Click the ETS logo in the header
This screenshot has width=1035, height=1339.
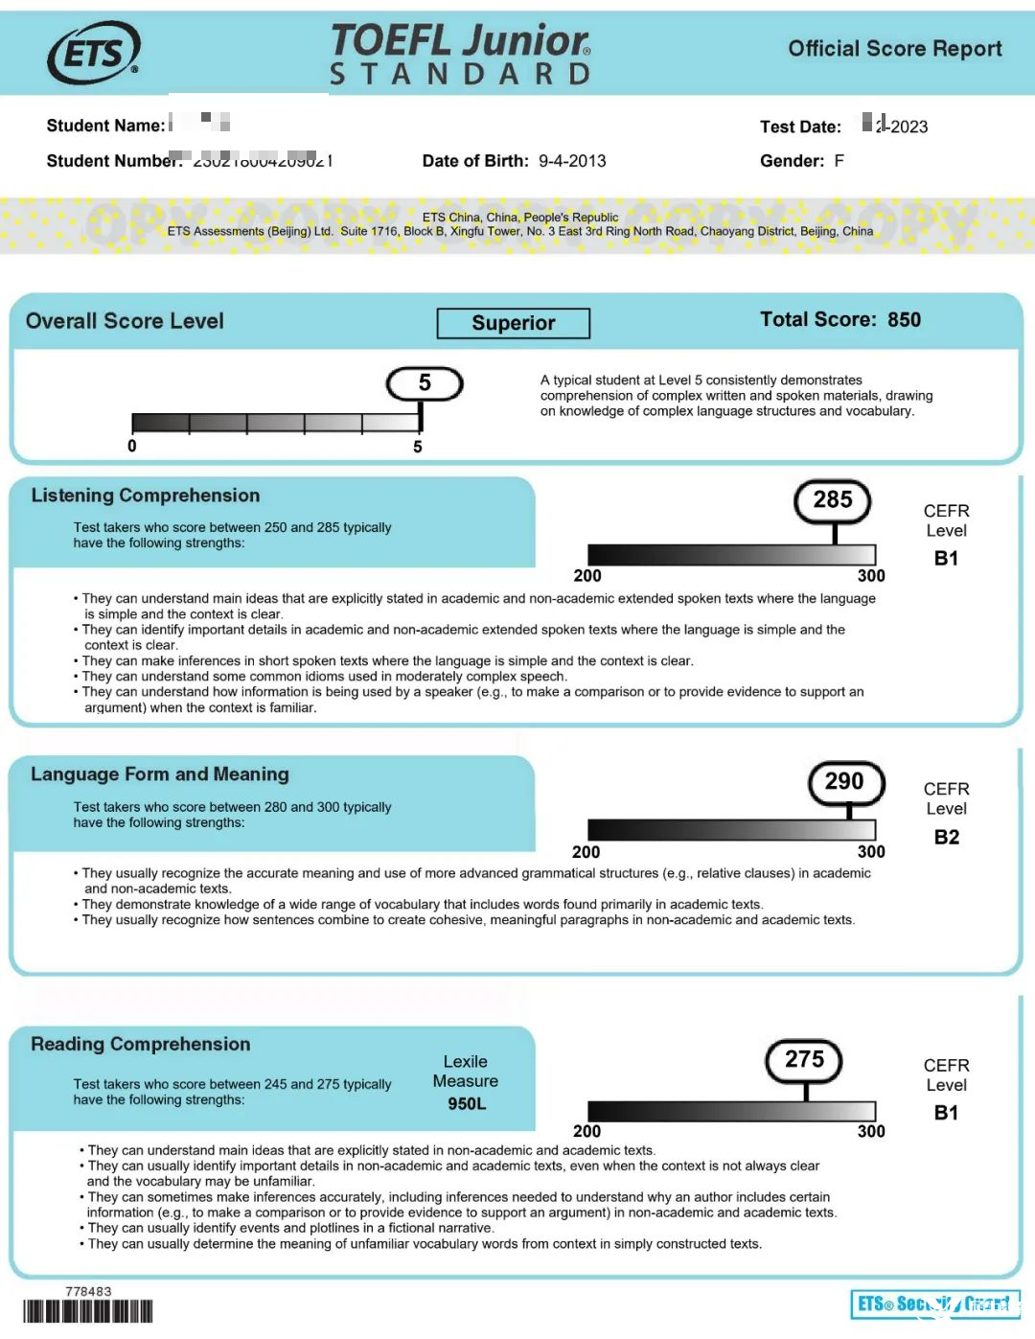point(94,53)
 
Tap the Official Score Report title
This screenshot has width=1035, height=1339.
point(894,49)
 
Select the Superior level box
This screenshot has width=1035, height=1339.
point(513,323)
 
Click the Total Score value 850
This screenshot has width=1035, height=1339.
point(904,320)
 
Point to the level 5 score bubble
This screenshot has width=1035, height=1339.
point(425,383)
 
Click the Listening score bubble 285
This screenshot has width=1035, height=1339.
point(833,500)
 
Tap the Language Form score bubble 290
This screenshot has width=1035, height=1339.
point(844,782)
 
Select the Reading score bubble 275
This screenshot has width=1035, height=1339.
point(804,1059)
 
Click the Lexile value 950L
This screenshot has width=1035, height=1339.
point(467,1104)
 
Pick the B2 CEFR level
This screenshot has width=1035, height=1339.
point(946,838)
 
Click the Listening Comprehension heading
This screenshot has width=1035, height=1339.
point(146,496)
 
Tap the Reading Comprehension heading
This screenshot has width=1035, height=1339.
point(141,1045)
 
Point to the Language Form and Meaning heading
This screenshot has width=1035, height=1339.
point(160,774)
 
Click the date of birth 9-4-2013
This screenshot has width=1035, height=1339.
point(572,161)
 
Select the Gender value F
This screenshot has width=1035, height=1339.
point(839,161)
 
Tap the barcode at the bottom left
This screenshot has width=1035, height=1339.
point(88,1311)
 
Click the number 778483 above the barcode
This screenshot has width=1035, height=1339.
point(88,1292)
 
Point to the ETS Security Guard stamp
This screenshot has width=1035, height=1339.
point(934,1304)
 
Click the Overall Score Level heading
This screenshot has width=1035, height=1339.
point(125,322)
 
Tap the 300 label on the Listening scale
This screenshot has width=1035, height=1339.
point(871,576)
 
